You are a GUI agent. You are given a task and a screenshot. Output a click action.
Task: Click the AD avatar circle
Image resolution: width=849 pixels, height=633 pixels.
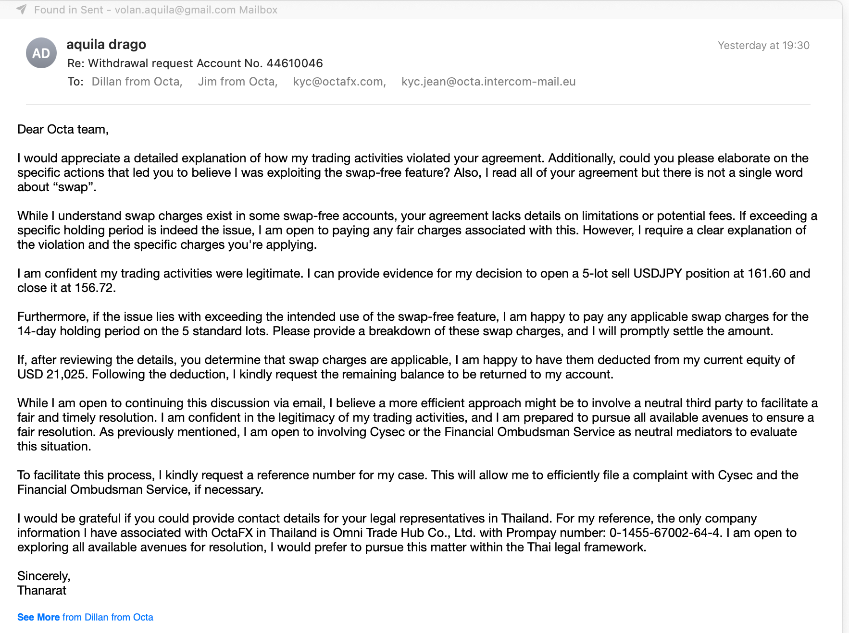coord(41,53)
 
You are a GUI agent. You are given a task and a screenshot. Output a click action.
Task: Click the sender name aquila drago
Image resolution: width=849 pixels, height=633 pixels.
coord(106,44)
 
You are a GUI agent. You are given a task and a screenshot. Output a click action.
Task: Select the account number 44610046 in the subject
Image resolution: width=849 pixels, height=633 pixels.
coord(294,63)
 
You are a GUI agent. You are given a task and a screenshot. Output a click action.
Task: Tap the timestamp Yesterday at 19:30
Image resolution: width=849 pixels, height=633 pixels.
coord(763,46)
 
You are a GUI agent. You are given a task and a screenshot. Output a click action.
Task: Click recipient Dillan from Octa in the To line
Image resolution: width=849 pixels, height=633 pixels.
coord(137,82)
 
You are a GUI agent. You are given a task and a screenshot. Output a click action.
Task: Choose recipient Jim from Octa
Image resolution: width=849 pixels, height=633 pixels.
coord(237,82)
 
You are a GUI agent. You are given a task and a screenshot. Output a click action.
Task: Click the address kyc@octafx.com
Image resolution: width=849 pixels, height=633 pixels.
coord(339,82)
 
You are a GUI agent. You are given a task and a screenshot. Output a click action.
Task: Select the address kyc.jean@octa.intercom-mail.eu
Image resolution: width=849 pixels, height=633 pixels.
coord(488,82)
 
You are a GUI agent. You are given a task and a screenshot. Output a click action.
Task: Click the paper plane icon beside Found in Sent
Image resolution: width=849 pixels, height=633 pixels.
coord(22,10)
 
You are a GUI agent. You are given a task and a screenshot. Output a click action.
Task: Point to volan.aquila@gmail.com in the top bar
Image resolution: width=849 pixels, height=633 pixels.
coord(175,10)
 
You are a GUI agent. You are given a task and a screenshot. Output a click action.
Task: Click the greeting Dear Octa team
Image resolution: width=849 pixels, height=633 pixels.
coord(62,130)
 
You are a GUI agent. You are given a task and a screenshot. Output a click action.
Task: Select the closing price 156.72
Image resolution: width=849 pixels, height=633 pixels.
coord(95,288)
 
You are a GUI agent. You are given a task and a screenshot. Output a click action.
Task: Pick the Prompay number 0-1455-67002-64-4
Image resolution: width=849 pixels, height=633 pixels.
coord(665,533)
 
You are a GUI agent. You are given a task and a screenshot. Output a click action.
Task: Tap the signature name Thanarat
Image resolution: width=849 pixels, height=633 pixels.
coord(42,591)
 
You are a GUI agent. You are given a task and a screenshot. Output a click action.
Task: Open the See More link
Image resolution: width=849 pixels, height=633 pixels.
coord(38,617)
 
